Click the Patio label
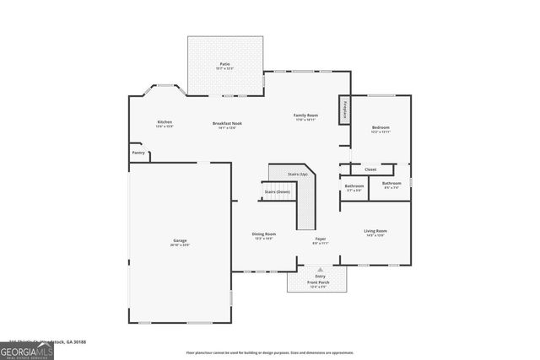pyautogui.click(x=224, y=64)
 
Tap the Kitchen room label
pyautogui.click(x=165, y=122)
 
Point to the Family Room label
pyautogui.click(x=305, y=115)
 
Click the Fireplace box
pyautogui.click(x=344, y=110)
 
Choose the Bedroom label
pyautogui.click(x=381, y=128)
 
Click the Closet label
pyautogui.click(x=370, y=169)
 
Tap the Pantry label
pyautogui.click(x=138, y=153)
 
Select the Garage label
pyautogui.click(x=181, y=240)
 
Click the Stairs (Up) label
pyautogui.click(x=286, y=174)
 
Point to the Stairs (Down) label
pyautogui.click(x=277, y=191)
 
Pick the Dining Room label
pyautogui.click(x=264, y=234)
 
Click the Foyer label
pyautogui.click(x=321, y=239)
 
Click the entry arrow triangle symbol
pyautogui.click(x=320, y=269)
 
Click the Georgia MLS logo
pyautogui.click(x=26, y=350)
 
